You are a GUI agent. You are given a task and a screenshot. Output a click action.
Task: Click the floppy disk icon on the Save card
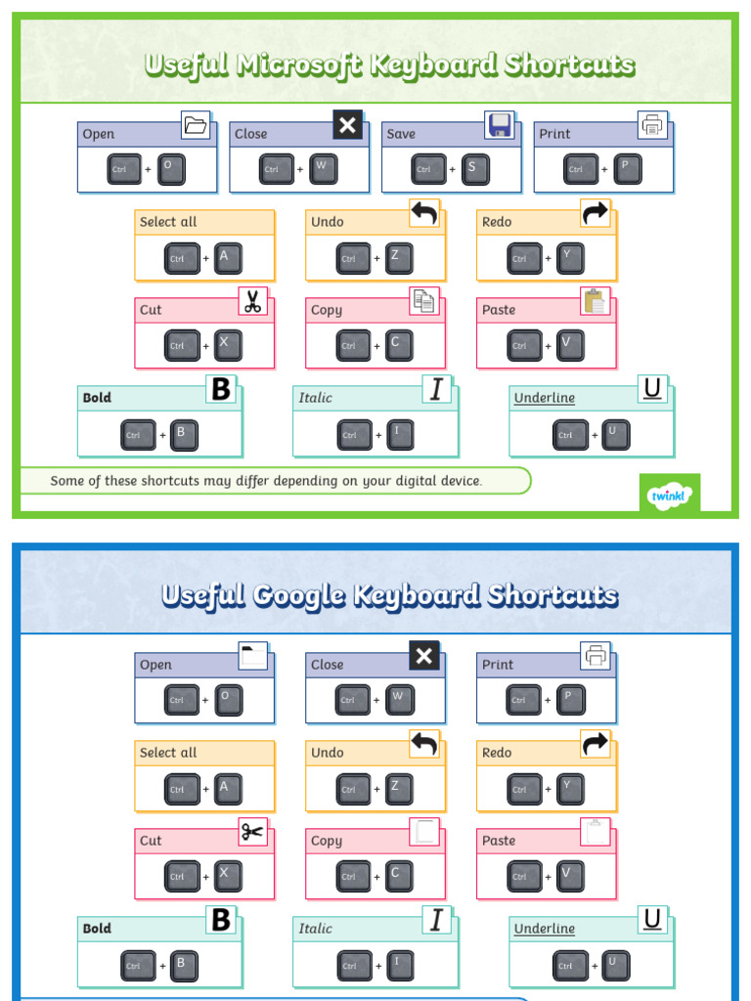pos(500,124)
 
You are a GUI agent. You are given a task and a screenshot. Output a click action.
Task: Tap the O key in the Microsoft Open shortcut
pos(171,169)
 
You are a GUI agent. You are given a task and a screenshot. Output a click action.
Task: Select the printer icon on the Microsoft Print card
pos(651,124)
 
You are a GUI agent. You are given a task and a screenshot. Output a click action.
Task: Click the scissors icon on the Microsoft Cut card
pos(253,301)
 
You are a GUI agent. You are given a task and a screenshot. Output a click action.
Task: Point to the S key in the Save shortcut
pos(475,169)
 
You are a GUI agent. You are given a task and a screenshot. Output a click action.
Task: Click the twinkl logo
pos(670,495)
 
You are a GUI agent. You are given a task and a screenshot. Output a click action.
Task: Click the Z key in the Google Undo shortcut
pos(399,789)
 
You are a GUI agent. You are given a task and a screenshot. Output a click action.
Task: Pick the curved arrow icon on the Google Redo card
pos(595,744)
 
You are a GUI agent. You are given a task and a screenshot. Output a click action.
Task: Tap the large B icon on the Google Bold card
pos(221,920)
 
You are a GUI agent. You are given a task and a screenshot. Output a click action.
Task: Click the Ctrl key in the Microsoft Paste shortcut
pos(524,345)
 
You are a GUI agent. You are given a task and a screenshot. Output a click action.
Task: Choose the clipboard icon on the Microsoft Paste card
pos(595,301)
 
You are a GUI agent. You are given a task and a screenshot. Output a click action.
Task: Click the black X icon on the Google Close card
pos(424,656)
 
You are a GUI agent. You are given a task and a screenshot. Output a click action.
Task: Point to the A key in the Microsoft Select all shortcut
pos(228,258)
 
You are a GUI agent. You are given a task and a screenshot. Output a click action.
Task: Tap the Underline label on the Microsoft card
pos(545,398)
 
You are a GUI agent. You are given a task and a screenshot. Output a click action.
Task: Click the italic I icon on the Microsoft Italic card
pos(436,389)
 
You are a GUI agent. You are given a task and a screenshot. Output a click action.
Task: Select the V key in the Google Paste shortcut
pos(570,876)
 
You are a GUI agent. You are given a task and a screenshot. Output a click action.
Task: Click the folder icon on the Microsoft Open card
pos(196,124)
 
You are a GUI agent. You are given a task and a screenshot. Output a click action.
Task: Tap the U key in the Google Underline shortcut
pos(615,965)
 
